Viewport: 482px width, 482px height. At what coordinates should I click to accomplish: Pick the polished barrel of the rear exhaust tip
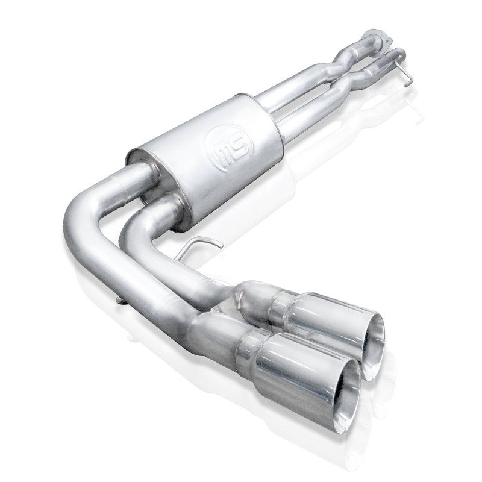point(328,310)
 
